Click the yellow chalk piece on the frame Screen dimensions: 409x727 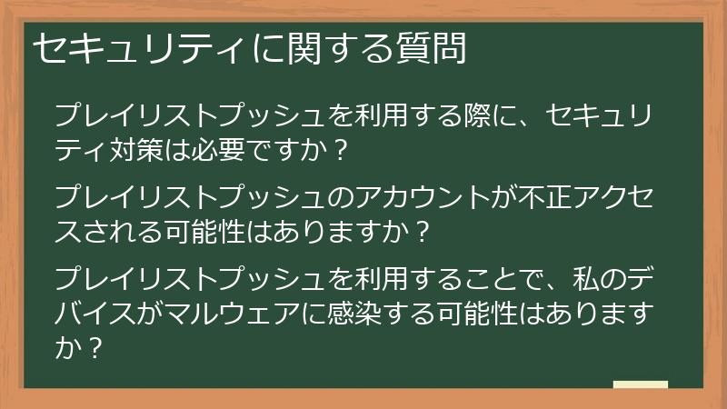click(640, 384)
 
